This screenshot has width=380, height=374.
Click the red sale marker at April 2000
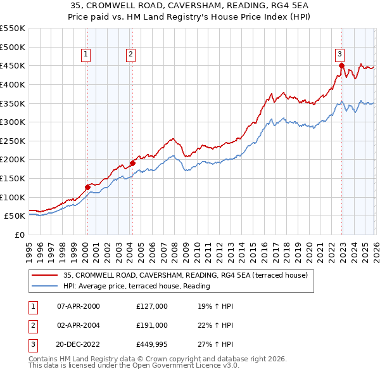[87, 187]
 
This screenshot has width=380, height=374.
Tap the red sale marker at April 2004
[132, 163]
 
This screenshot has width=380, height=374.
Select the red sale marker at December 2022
[341, 65]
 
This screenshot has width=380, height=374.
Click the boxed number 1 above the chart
[85, 55]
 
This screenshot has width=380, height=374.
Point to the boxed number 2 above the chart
[130, 55]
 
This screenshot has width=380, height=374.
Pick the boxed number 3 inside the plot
[339, 55]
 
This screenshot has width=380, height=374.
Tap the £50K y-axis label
[15, 216]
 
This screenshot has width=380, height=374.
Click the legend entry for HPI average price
[137, 286]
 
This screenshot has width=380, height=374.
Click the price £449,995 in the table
[152, 345]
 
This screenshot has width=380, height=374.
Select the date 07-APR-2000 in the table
[79, 306]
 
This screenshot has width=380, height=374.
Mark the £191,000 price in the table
[152, 326]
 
